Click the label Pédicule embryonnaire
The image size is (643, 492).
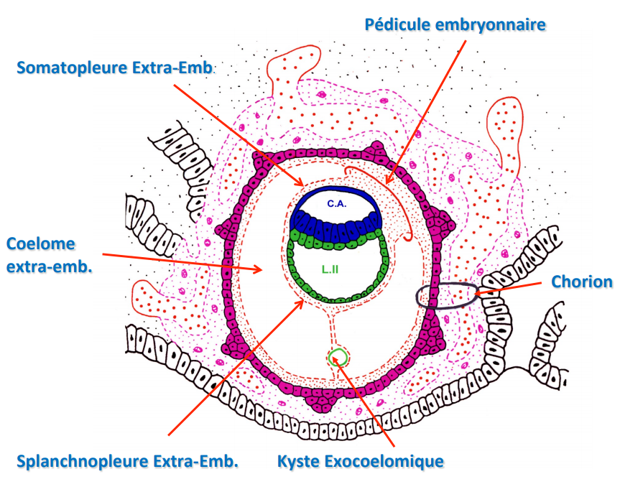point(455,24)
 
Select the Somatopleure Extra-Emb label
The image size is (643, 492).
point(116,68)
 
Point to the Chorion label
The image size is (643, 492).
point(582,281)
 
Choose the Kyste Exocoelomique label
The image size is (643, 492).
point(361,461)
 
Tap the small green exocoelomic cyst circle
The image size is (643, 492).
point(336,356)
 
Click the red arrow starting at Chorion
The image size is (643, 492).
point(510,287)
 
